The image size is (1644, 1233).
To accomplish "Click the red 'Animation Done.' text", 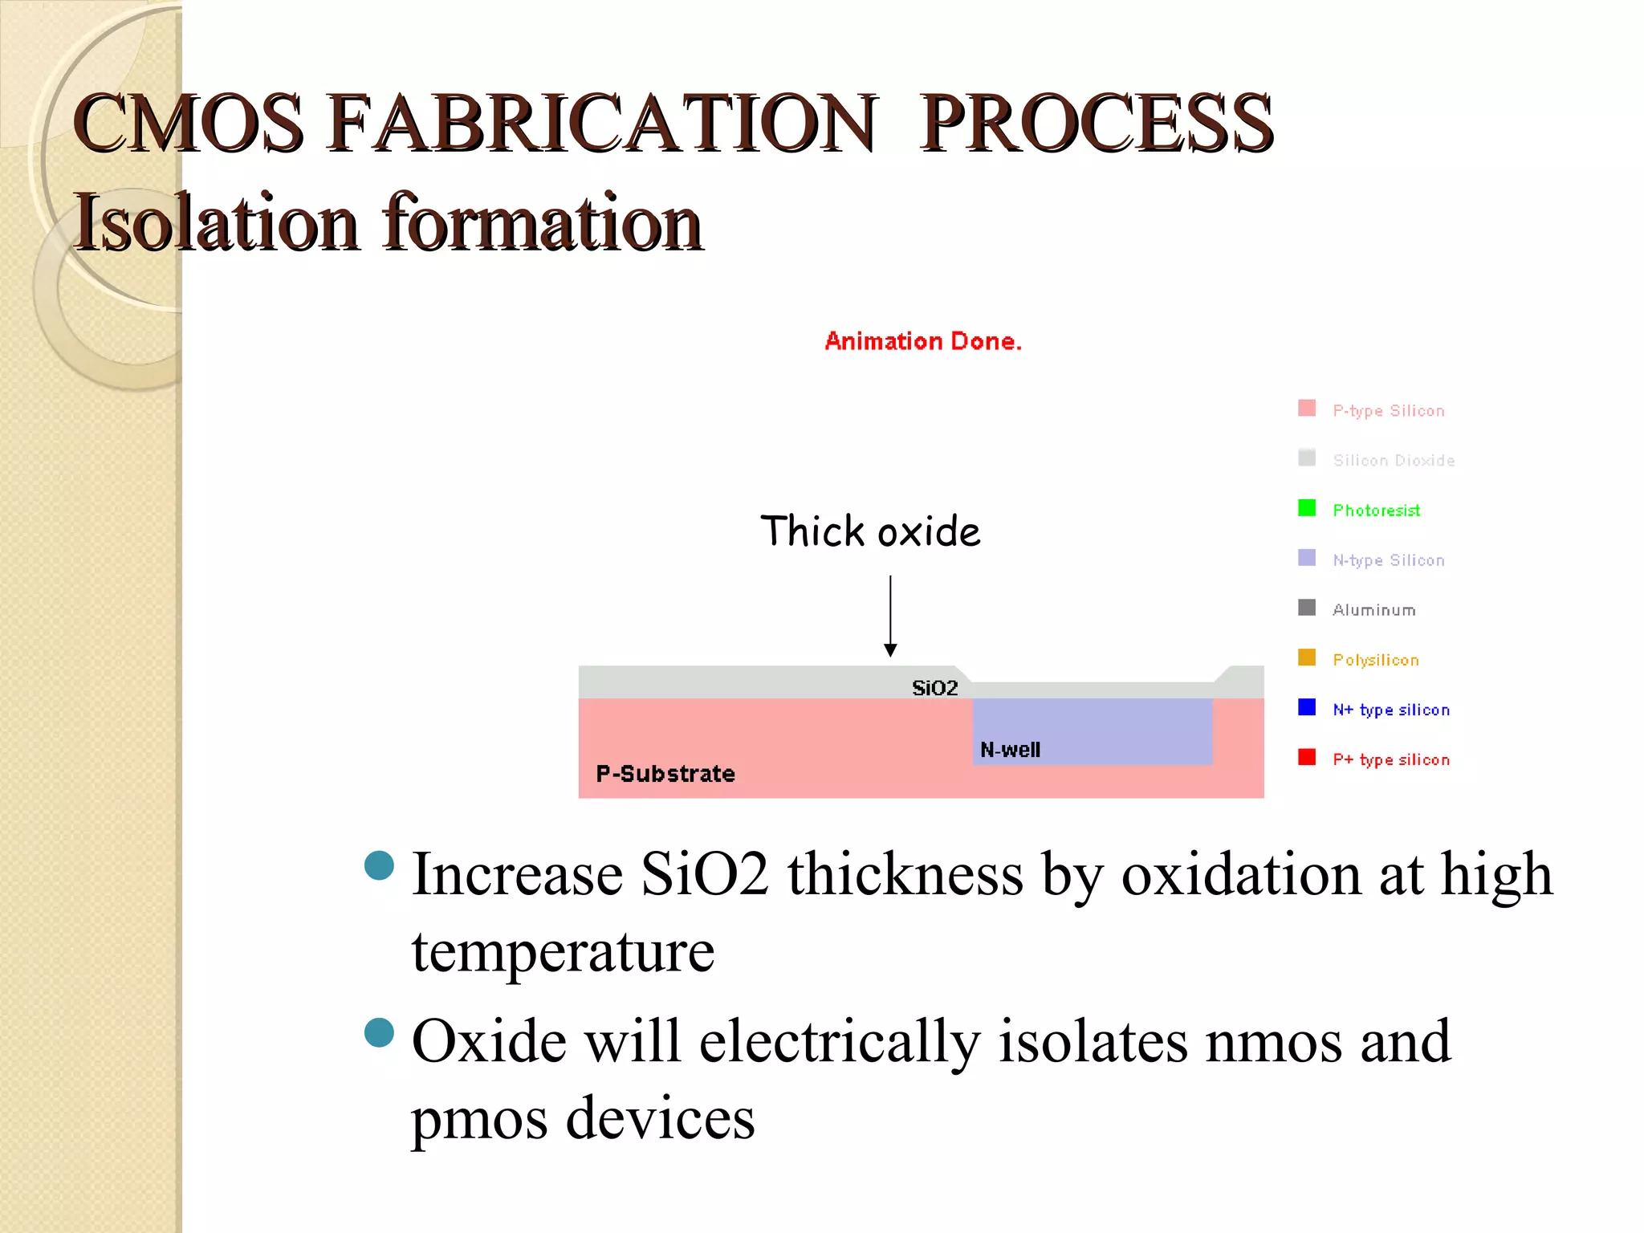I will coord(923,341).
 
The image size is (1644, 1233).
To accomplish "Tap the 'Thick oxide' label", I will coord(870,531).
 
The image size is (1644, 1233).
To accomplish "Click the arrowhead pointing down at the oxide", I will coord(890,649).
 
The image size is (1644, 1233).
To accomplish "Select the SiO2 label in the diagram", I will coord(935,688).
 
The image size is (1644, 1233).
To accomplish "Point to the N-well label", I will coord(1010,750).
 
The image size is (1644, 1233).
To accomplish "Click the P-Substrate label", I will coord(665,774).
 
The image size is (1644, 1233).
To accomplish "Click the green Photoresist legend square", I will coord(1307,508).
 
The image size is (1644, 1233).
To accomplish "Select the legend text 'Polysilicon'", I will coord(1376,660).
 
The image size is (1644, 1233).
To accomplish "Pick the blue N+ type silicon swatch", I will coord(1307,707).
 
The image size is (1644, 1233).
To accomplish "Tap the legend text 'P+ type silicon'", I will coord(1391,759).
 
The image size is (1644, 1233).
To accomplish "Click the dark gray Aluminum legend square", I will coord(1307,608).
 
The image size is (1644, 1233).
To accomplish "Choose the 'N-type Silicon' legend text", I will coord(1389,560).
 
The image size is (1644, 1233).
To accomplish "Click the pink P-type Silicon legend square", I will coord(1307,408).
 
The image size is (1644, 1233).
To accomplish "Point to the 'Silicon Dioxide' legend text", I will coord(1394,461).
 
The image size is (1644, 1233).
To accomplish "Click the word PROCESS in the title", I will coord(1097,124).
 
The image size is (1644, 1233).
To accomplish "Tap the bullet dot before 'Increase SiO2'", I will coord(379,865).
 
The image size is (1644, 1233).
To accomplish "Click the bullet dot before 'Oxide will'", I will coord(379,1033).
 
